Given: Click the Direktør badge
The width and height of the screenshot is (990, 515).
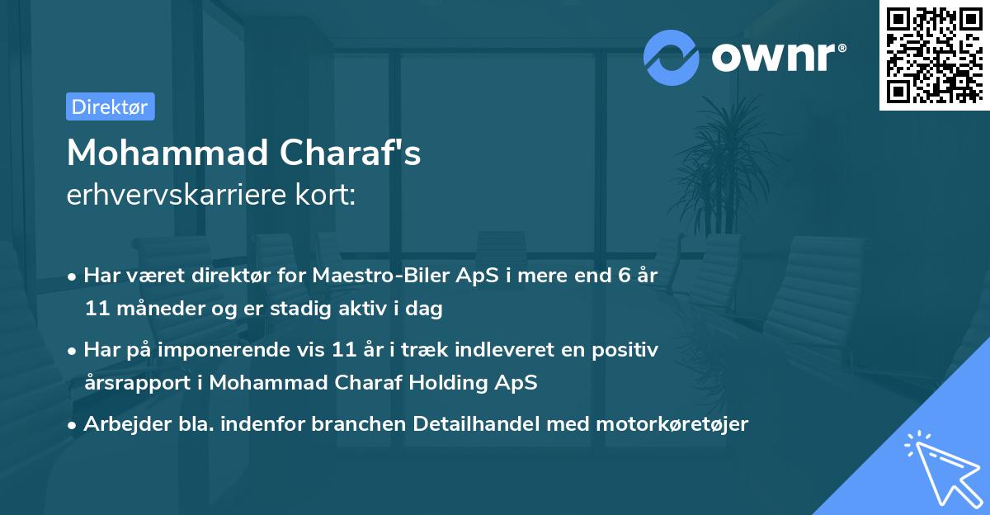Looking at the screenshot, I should pos(110,106).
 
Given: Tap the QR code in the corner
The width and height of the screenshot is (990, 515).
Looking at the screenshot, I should pos(934,54).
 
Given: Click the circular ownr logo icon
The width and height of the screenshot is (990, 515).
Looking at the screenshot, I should pos(672,57).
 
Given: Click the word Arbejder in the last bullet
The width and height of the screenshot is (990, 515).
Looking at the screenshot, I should pos(120,424).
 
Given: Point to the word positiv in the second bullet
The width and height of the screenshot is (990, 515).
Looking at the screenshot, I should pos(629,350).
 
